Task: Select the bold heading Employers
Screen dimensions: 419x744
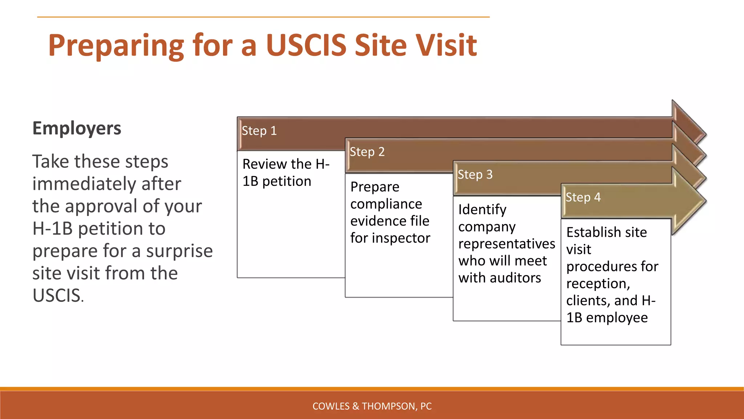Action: point(77,128)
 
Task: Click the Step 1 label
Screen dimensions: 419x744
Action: point(259,131)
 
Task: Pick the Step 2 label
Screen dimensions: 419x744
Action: point(367,152)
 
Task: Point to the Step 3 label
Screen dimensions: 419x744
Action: point(475,175)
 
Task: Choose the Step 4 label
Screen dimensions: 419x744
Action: point(583,197)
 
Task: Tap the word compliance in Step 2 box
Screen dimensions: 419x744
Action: point(386,204)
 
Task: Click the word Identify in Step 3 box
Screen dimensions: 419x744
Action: point(482,210)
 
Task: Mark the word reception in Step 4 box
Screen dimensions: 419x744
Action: point(598,284)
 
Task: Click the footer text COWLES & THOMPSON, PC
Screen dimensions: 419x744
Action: point(372,406)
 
